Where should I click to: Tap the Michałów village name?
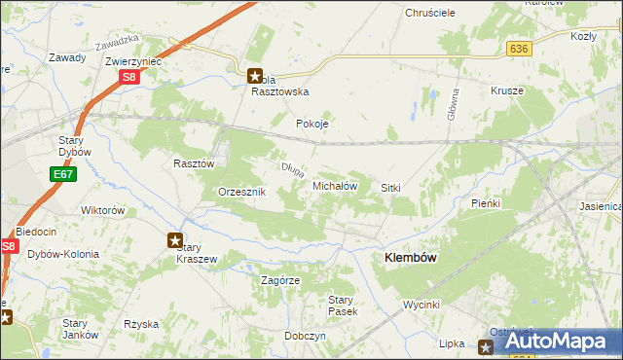[336, 185]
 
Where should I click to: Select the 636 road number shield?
[518, 48]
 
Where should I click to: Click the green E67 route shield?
[62, 174]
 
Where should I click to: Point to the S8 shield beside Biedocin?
[9, 247]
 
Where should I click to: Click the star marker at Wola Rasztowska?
[254, 75]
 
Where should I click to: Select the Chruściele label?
[429, 15]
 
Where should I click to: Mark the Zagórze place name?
[280, 280]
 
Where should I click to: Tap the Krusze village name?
[507, 90]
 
